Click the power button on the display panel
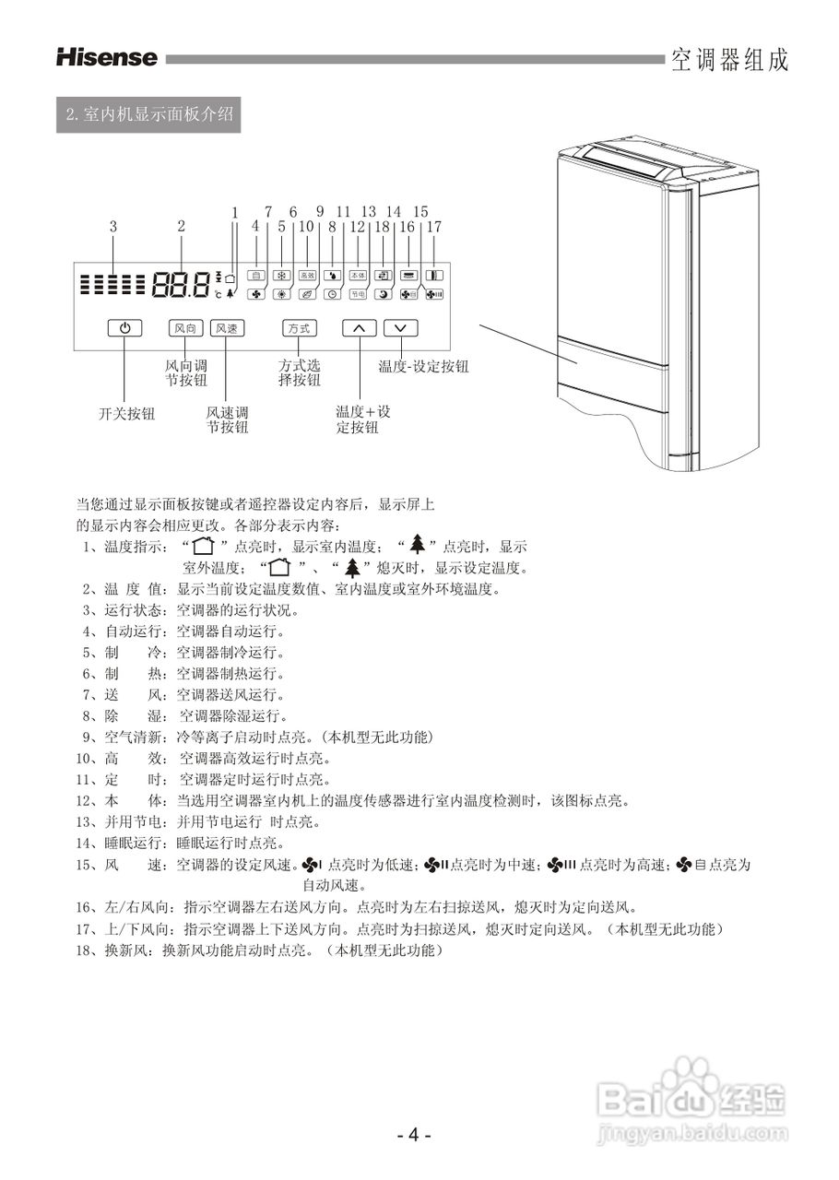point(124,328)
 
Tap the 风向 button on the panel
point(184,328)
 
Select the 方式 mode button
point(298,328)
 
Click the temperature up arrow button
point(360,328)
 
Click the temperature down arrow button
point(400,328)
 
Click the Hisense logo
point(107,58)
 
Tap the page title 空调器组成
point(729,61)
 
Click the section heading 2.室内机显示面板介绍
point(148,116)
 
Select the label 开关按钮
point(127,414)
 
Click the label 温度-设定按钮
point(423,366)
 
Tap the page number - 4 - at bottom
point(414,1136)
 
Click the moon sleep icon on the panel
point(384,294)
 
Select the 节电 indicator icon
point(359,294)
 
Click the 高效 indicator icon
point(307,275)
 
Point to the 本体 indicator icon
point(359,275)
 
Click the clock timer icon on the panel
point(332,294)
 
